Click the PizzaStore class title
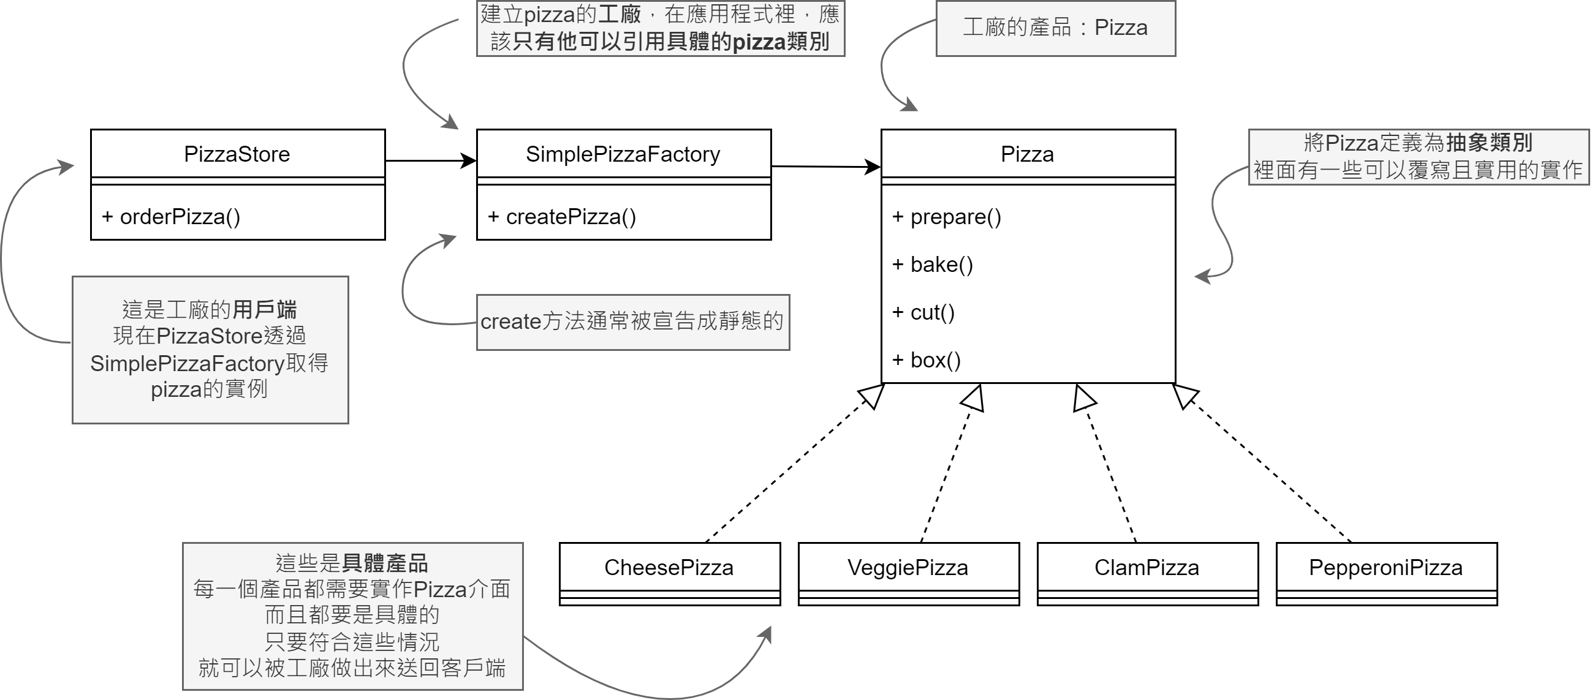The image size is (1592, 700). click(237, 154)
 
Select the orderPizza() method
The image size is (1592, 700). click(172, 217)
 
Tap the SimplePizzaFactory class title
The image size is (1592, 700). click(623, 154)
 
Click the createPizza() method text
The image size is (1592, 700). click(563, 217)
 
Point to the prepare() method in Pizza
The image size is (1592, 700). click(947, 217)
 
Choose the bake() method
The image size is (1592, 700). click(933, 265)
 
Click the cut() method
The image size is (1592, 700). click(924, 312)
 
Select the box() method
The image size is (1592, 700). click(927, 360)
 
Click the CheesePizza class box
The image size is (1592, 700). click(669, 568)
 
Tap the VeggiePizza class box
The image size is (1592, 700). click(908, 568)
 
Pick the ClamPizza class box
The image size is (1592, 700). click(1147, 568)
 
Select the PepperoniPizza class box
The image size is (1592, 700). click(1386, 568)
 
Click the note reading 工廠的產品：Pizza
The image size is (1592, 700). click(1056, 28)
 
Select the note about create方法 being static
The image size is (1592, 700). click(632, 322)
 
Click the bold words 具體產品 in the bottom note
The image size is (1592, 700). click(385, 563)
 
